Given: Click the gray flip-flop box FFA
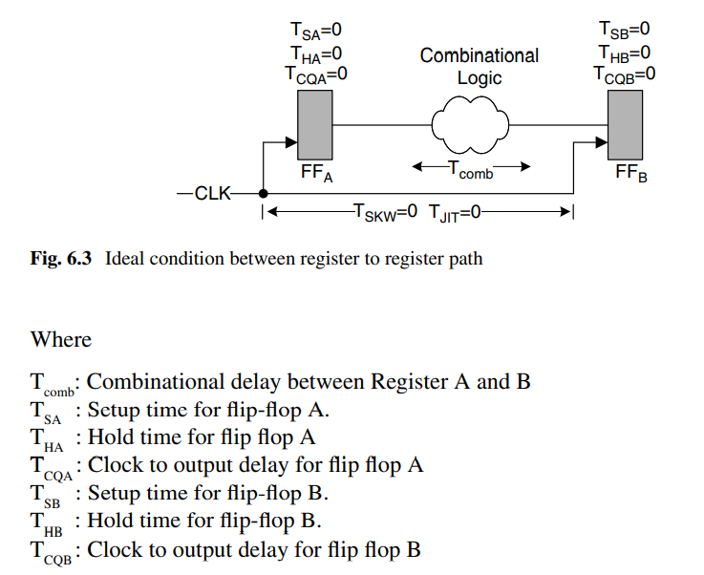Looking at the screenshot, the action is pyautogui.click(x=314, y=125).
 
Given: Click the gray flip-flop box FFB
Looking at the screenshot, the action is pyautogui.click(x=625, y=125).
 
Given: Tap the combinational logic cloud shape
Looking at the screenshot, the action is pyautogui.click(x=470, y=125).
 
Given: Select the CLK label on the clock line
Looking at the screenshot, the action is pyautogui.click(x=212, y=194).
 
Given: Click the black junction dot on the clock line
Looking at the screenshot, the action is pyautogui.click(x=263, y=194).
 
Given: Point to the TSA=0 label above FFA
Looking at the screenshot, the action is pyautogui.click(x=316, y=31).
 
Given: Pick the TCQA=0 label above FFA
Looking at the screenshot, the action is pyautogui.click(x=316, y=75).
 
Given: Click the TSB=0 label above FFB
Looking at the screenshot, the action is pyautogui.click(x=624, y=30).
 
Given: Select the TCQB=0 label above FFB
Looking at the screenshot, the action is pyautogui.click(x=624, y=75).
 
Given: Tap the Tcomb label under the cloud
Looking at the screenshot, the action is pyautogui.click(x=471, y=171).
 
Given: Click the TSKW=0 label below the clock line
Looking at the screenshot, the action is pyautogui.click(x=386, y=212).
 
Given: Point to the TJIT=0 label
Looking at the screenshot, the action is pyautogui.click(x=455, y=213).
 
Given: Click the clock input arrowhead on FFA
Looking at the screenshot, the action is pyautogui.click(x=291, y=142).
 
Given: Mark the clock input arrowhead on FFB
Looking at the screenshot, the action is pyautogui.click(x=602, y=142).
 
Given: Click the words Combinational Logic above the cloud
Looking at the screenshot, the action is pyautogui.click(x=480, y=67).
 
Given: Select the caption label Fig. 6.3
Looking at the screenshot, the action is pyautogui.click(x=61, y=259).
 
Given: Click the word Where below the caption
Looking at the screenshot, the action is pyautogui.click(x=61, y=339).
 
